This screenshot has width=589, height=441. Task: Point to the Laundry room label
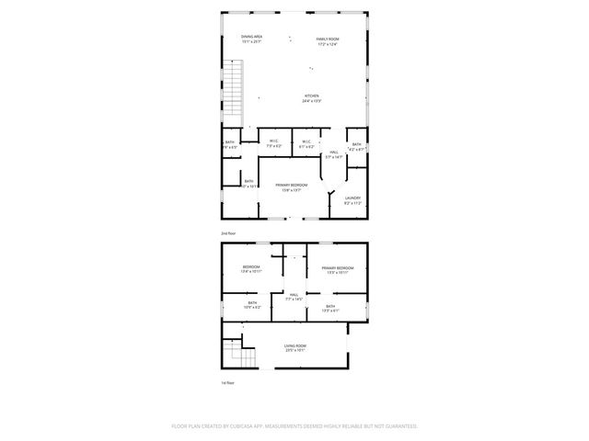(352, 200)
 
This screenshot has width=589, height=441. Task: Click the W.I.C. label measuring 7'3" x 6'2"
(274, 143)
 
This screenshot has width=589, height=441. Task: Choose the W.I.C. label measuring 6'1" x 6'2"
(306, 143)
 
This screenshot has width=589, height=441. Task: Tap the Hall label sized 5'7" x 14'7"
(334, 154)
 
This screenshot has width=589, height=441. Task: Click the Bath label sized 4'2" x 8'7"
(356, 145)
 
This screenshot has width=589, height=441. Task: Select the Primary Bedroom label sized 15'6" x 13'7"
(290, 187)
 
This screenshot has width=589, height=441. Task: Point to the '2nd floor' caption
(227, 234)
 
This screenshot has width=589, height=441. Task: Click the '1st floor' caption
(227, 382)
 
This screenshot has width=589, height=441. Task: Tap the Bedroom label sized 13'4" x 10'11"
(251, 269)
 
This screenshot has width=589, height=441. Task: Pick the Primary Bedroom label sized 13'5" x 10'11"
(336, 269)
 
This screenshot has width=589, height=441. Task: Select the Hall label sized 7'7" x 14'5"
(294, 296)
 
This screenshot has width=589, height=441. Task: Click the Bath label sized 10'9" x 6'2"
(252, 305)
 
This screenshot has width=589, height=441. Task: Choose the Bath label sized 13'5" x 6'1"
(329, 308)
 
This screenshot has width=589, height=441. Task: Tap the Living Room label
(295, 347)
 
